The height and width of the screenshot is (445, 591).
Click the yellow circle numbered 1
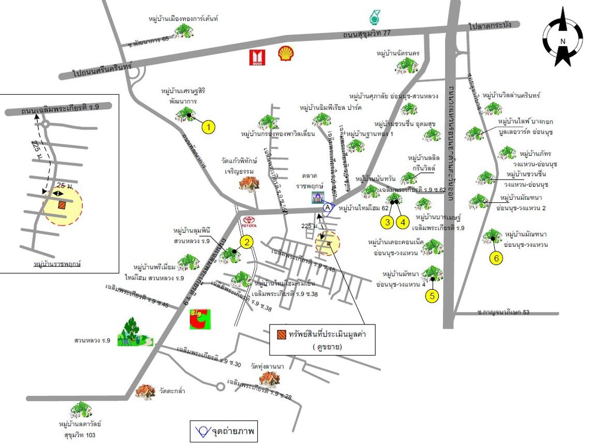pyautogui.click(x=208, y=127)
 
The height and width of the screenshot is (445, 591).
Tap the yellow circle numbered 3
pyautogui.click(x=387, y=222)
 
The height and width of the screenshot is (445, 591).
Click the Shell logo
pyautogui.click(x=285, y=54)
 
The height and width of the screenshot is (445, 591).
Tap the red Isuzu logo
pyautogui.click(x=257, y=57)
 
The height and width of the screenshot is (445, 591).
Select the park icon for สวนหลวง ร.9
pyautogui.click(x=135, y=331)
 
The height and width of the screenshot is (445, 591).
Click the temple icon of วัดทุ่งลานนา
pyautogui.click(x=269, y=380)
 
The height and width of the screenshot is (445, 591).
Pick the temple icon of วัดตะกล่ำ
pyautogui.click(x=145, y=392)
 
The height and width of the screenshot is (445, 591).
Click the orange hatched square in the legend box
pyautogui.click(x=281, y=334)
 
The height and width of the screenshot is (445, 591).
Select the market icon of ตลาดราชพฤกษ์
pyautogui.click(x=319, y=197)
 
